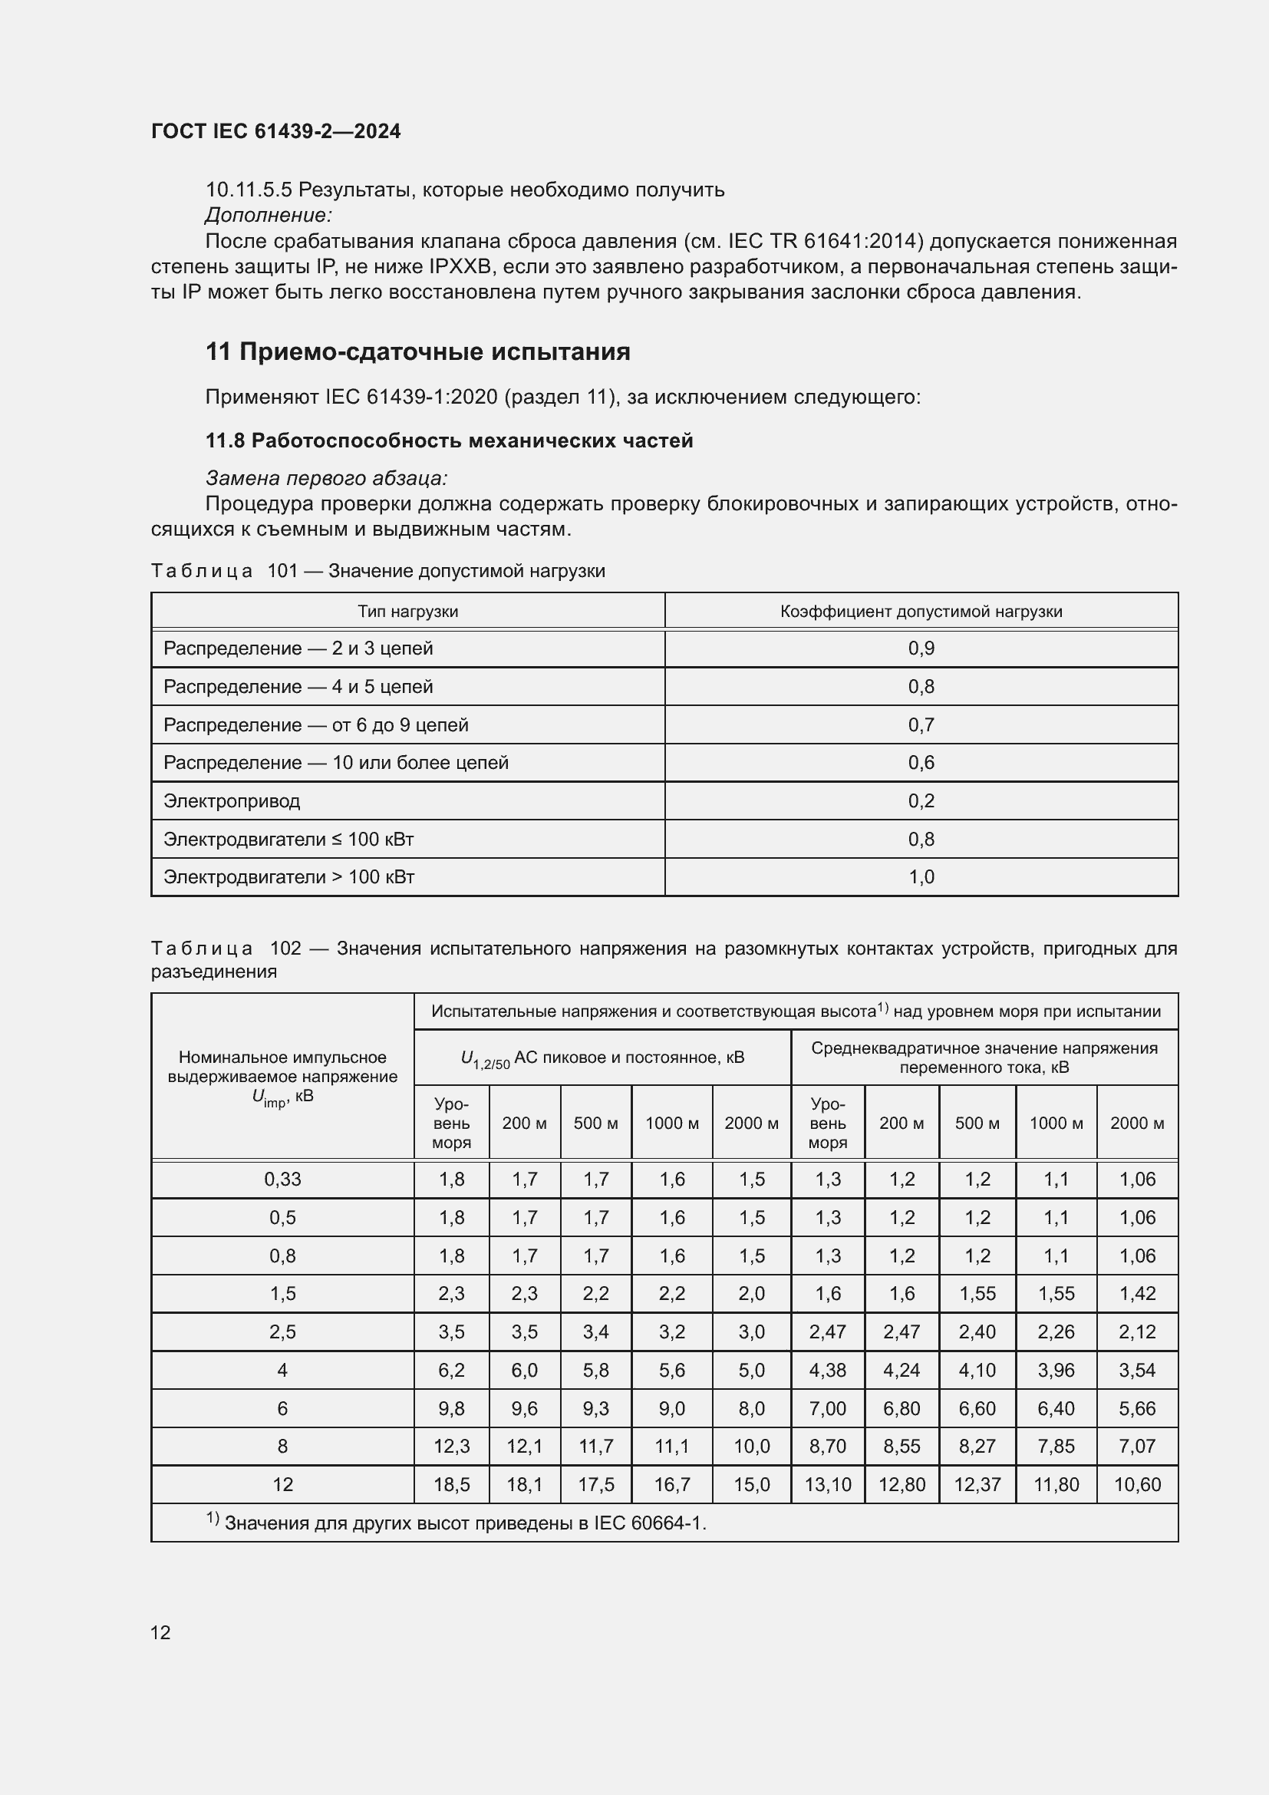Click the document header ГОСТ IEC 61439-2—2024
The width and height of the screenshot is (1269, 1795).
click(275, 131)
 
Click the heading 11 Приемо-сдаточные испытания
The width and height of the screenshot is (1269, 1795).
click(417, 351)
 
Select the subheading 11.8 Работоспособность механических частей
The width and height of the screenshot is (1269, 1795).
click(449, 441)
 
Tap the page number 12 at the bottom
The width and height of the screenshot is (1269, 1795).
click(160, 1632)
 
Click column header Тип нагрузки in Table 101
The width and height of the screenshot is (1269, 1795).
click(407, 612)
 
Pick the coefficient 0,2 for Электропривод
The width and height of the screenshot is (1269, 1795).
click(921, 800)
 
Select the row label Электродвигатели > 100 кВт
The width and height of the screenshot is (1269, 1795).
click(288, 877)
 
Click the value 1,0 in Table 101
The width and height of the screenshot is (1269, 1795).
click(921, 877)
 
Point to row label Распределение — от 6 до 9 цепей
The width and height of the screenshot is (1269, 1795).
click(315, 724)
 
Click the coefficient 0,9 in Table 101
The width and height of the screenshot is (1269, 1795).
click(921, 648)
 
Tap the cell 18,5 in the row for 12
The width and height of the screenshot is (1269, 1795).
click(451, 1484)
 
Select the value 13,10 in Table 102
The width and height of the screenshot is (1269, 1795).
click(828, 1484)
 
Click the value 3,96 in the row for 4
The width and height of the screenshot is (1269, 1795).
click(1056, 1370)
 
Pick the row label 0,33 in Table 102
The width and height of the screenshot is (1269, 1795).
click(282, 1179)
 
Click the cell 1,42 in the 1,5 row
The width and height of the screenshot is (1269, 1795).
click(1137, 1293)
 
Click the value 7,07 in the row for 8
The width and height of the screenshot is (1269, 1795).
click(1137, 1446)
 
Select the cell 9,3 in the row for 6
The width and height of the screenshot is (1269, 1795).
click(595, 1408)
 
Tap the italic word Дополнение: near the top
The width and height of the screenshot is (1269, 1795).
click(269, 215)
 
